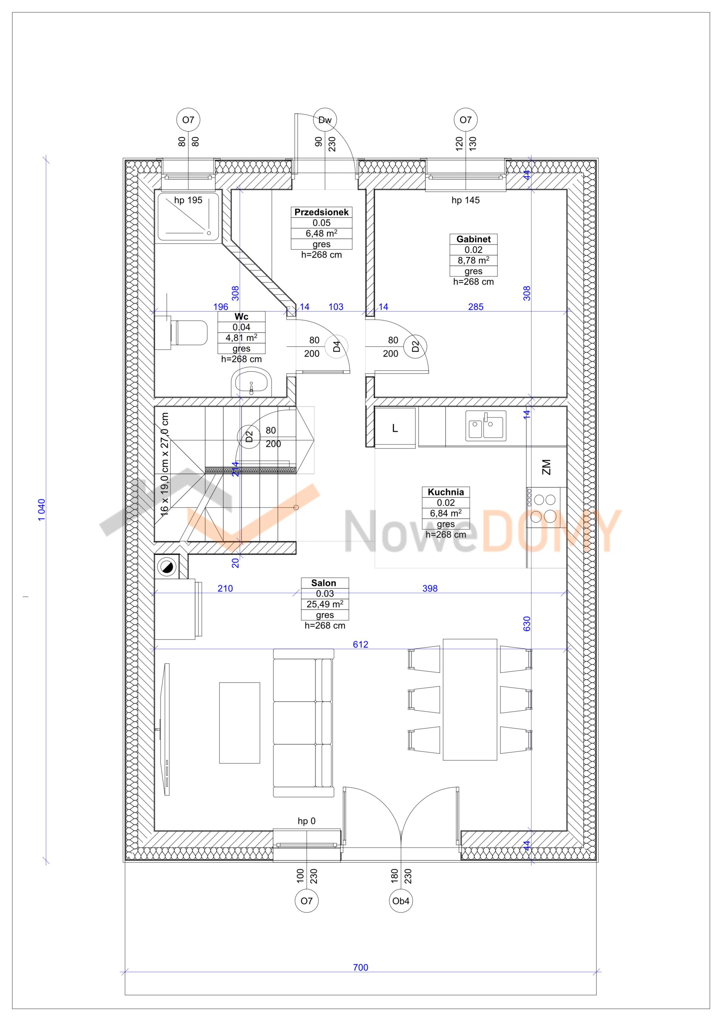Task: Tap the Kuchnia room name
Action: (445, 492)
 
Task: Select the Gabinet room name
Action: (473, 239)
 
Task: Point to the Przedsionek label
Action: (321, 212)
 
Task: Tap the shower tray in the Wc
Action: (189, 217)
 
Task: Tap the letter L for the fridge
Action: (395, 428)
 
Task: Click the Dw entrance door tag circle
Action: (325, 120)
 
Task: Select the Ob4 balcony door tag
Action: (400, 901)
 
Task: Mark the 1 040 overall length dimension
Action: (41, 510)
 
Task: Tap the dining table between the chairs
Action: (470, 700)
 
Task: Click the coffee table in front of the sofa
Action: (239, 723)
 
